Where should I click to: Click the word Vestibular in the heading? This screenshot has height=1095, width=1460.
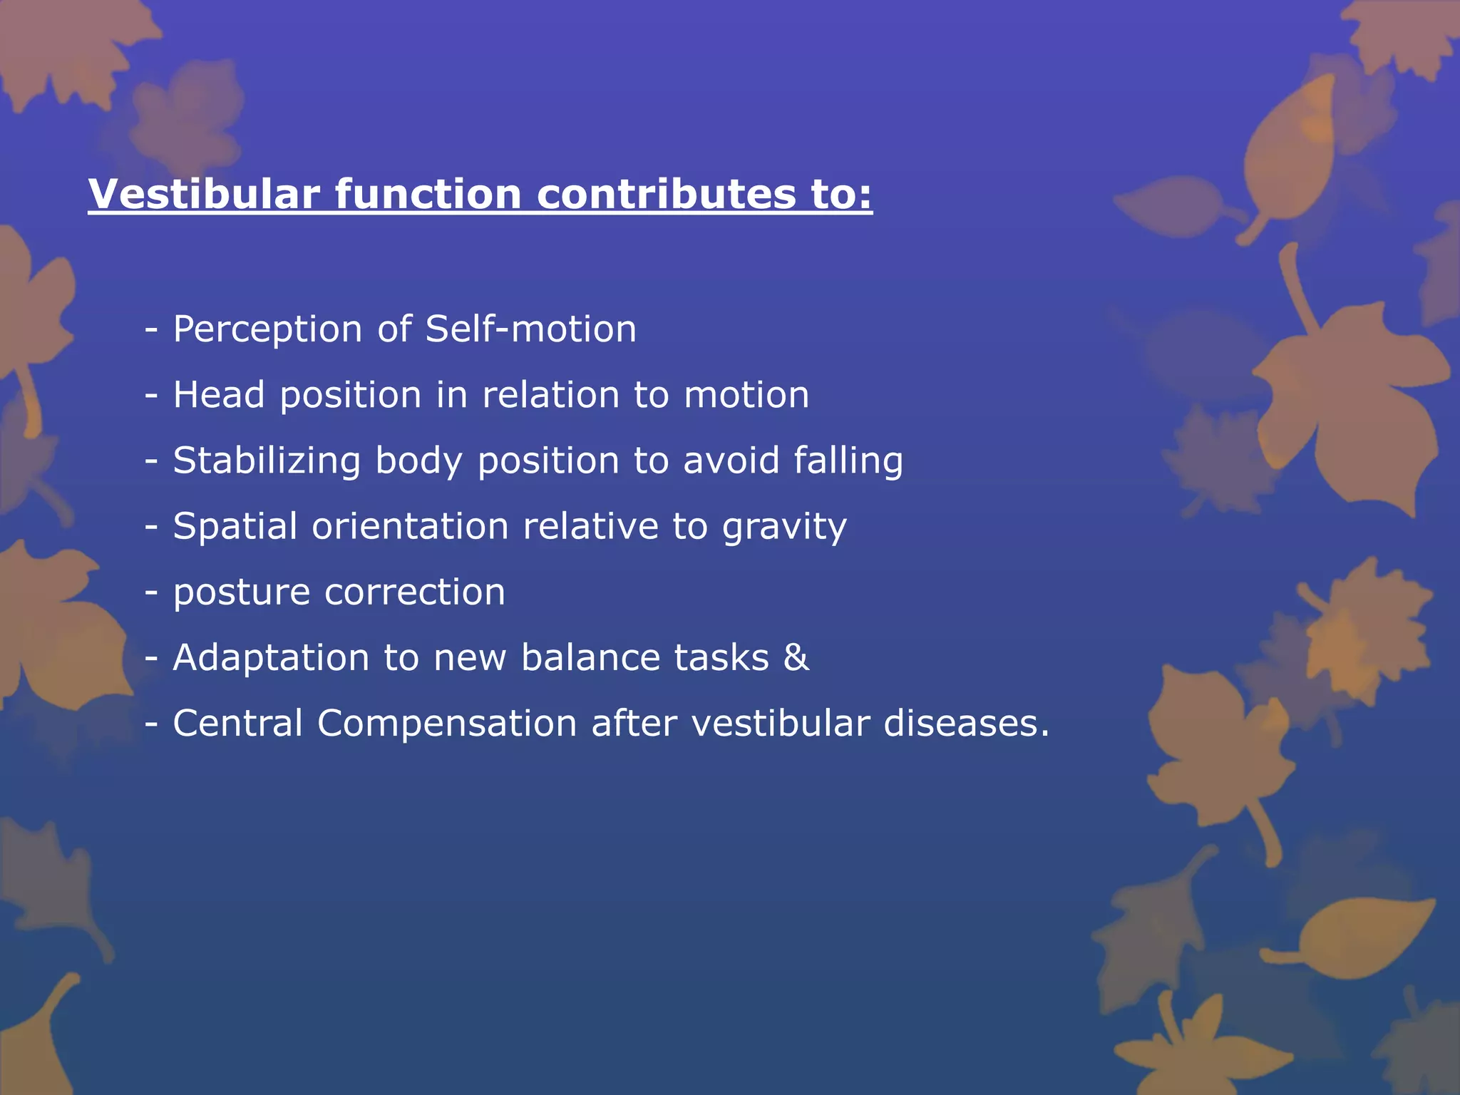coord(204,194)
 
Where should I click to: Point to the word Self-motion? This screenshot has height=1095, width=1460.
coord(530,329)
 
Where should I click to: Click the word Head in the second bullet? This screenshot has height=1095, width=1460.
coord(218,395)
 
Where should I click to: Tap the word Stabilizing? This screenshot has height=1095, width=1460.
coord(267,461)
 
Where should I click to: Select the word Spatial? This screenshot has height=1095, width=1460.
coord(235,526)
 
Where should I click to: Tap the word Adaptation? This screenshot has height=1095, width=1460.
coord(271,657)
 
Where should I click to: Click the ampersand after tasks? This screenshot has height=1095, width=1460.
coord(796,657)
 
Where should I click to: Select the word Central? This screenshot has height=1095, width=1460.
coord(238,723)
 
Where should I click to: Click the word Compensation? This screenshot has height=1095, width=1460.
coord(446,724)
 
